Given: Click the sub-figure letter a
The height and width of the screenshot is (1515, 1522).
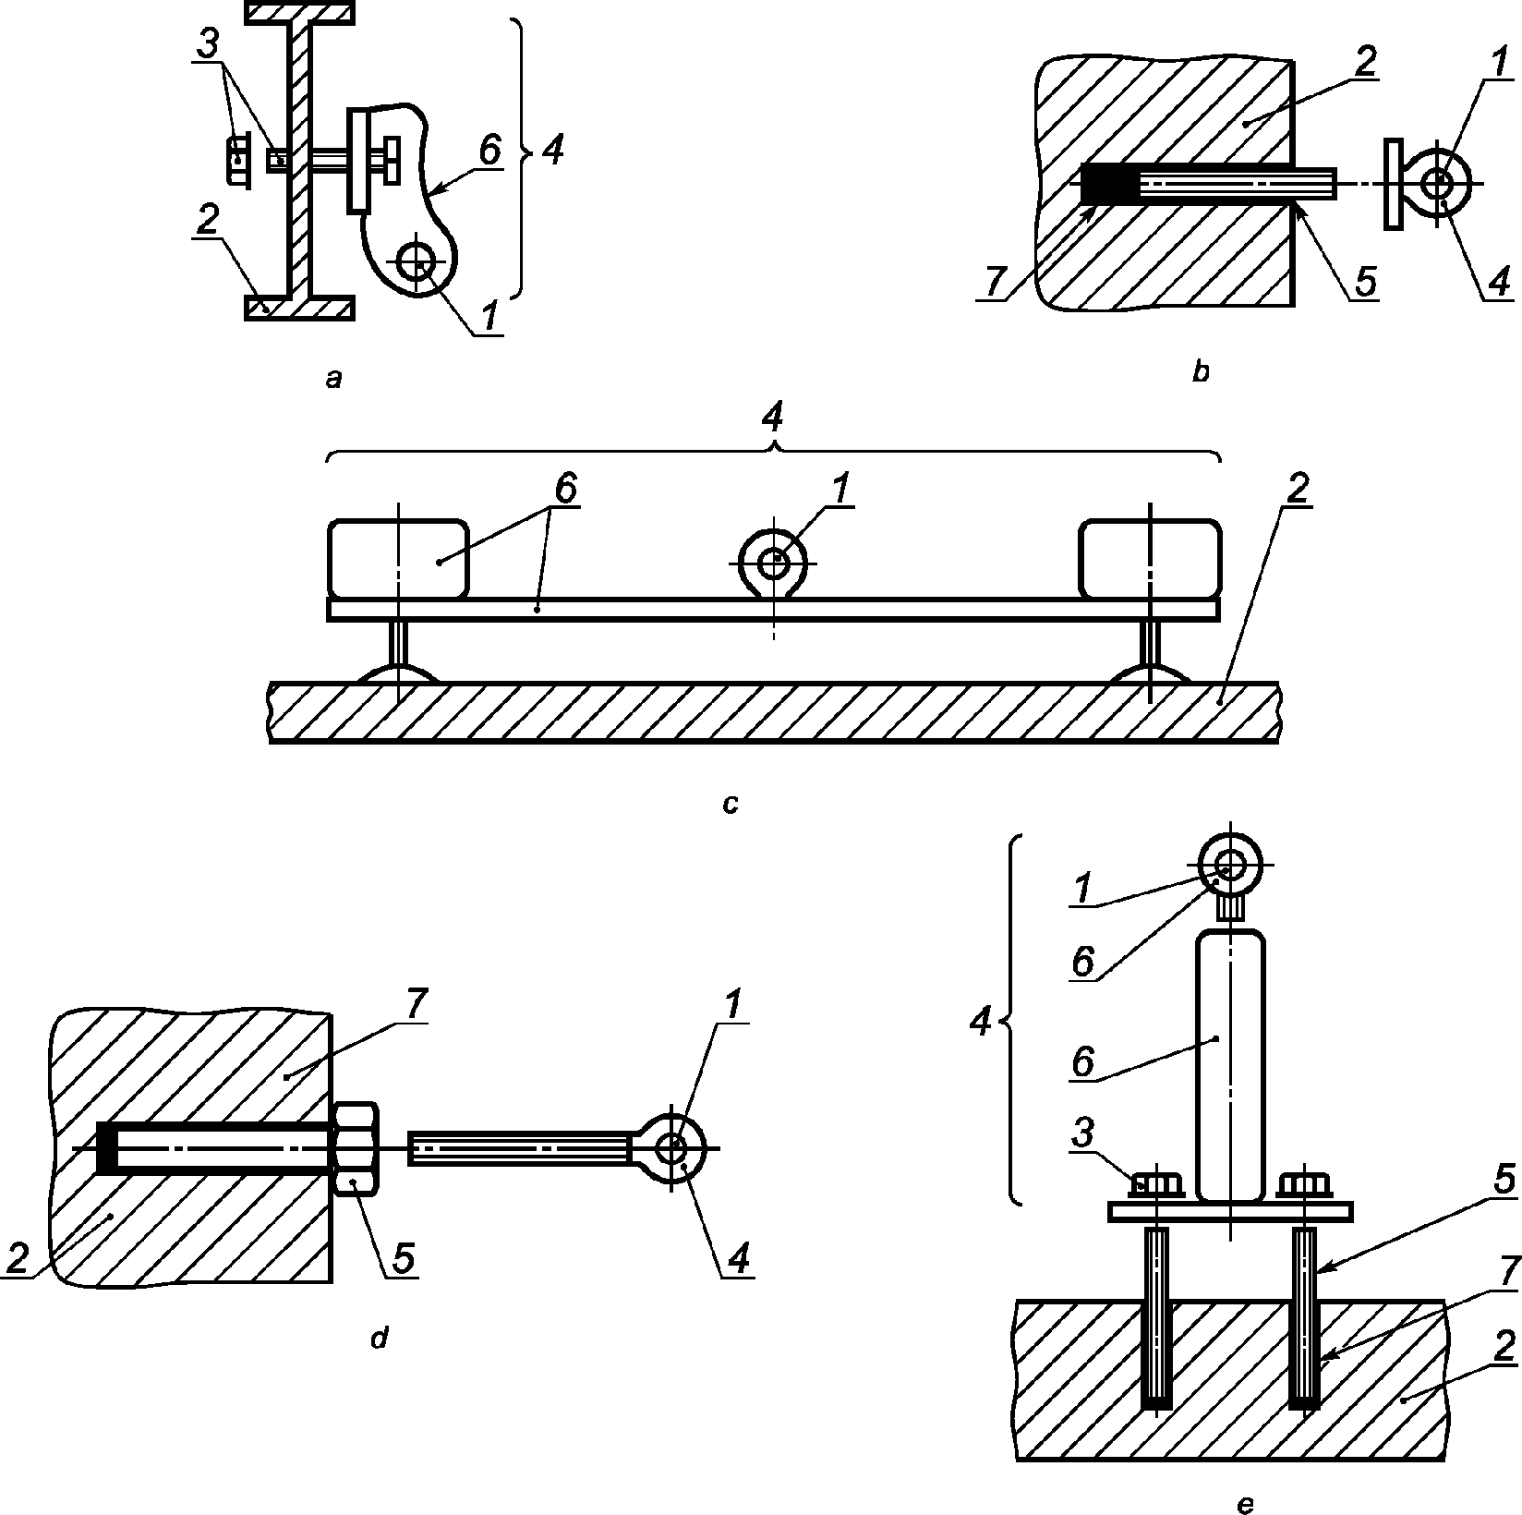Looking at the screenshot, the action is pyautogui.click(x=334, y=378).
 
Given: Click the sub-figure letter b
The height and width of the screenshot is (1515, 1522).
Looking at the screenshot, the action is pyautogui.click(x=1201, y=372).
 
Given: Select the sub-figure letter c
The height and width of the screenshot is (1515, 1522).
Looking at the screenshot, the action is pyautogui.click(x=731, y=805).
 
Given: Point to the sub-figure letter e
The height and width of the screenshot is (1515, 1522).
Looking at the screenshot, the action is pyautogui.click(x=1245, y=1505).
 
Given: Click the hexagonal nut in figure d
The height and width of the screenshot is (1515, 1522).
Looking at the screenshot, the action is pyautogui.click(x=355, y=1148).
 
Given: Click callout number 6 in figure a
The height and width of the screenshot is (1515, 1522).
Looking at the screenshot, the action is pyautogui.click(x=490, y=151).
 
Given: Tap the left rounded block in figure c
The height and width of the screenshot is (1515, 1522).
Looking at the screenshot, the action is pyautogui.click(x=399, y=559).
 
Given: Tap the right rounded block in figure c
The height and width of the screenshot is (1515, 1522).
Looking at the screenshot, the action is pyautogui.click(x=1151, y=559).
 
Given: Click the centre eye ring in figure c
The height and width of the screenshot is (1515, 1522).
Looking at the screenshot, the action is pyautogui.click(x=774, y=560).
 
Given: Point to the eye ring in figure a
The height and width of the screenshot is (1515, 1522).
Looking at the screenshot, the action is pyautogui.click(x=418, y=262).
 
